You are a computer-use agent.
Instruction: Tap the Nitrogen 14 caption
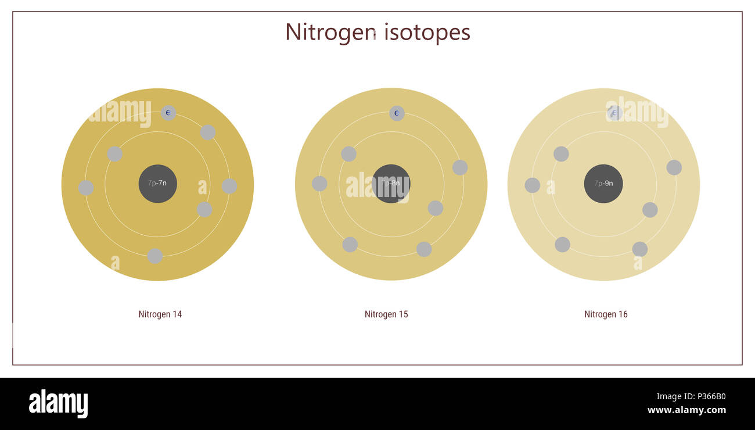(x=160, y=314)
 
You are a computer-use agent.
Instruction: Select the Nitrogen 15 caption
(x=386, y=314)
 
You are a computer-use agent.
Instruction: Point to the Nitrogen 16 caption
(x=606, y=314)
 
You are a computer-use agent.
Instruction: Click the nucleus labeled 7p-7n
(x=157, y=184)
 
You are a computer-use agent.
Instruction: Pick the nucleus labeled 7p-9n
(x=603, y=184)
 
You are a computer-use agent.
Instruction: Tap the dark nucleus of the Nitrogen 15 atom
(x=391, y=184)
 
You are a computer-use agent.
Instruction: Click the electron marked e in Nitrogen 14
(x=168, y=113)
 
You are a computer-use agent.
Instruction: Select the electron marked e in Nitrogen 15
(x=397, y=113)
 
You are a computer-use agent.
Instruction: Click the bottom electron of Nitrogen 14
(x=154, y=256)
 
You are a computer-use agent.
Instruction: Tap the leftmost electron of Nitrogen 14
(x=86, y=188)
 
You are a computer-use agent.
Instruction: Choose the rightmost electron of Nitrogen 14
(x=229, y=186)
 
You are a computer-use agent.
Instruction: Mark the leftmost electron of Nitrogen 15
(x=319, y=184)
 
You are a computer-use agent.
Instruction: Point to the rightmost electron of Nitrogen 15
(x=460, y=167)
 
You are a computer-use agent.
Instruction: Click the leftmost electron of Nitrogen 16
(x=532, y=185)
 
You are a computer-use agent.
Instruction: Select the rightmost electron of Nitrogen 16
(x=674, y=167)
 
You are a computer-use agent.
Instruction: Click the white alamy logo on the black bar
(x=58, y=404)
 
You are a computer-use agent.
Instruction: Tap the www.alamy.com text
(x=686, y=410)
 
